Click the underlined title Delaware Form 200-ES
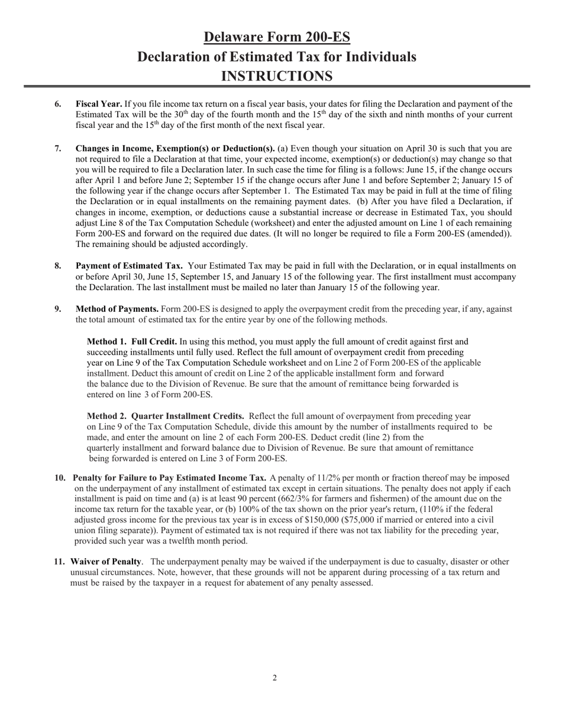pyautogui.click(x=277, y=37)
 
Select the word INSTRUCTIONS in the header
pyautogui.click(x=276, y=76)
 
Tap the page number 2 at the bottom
pyautogui.click(x=274, y=678)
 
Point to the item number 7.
pyautogui.click(x=58, y=149)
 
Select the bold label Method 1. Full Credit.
pyautogui.click(x=132, y=342)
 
